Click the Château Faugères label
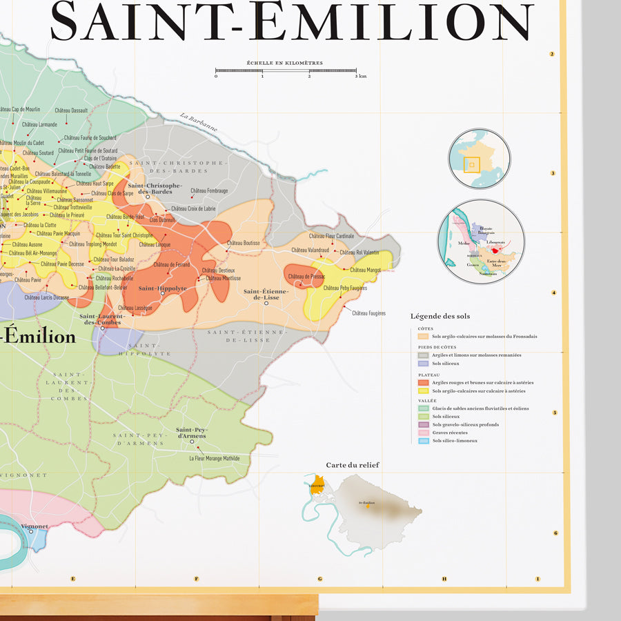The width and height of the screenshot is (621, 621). point(368,313)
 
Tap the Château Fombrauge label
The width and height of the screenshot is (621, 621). point(209,190)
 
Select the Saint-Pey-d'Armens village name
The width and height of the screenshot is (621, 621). point(191,433)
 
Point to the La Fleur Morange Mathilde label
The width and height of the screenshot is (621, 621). point(215,457)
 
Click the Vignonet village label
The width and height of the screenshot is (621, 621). point(34,526)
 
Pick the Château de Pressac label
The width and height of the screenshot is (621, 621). point(306,277)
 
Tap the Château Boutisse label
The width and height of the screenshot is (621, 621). point(243,243)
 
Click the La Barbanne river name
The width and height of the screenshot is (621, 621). point(199,122)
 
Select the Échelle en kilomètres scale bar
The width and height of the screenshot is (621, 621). point(286,70)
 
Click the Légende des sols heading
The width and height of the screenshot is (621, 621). point(440,316)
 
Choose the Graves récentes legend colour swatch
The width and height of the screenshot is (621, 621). point(424,433)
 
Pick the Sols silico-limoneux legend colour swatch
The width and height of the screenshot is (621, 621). point(424,441)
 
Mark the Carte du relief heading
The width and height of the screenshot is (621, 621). point(353,465)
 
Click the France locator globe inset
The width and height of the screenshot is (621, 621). point(479,159)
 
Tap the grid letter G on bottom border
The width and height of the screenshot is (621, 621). point(320,579)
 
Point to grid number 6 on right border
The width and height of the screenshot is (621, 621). point(555,533)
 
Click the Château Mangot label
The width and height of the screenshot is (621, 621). point(365,270)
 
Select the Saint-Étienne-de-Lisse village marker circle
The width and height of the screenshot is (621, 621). point(266,303)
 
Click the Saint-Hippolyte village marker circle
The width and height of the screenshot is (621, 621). point(163,293)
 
